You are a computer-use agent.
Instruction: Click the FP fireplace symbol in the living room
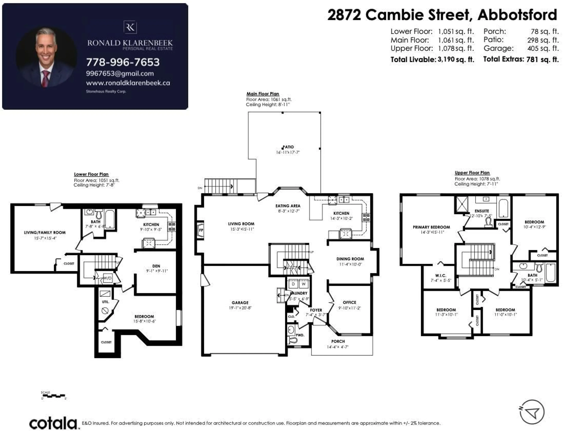[201, 230]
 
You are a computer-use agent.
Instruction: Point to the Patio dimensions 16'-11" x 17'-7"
[288, 152]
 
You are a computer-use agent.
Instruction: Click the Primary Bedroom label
[431, 227]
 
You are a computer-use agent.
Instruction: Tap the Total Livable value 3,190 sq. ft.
[456, 60]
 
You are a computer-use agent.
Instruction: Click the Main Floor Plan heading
[263, 94]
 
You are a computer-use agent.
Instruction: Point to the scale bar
[54, 396]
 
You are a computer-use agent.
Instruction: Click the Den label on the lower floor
[156, 266]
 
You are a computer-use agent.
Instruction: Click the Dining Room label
[350, 259]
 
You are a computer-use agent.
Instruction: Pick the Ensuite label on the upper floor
[482, 211]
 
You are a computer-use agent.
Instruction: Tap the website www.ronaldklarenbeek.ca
[128, 83]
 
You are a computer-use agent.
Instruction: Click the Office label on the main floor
[349, 302]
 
